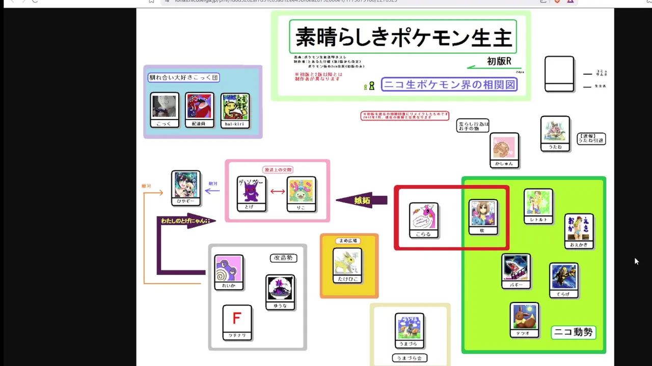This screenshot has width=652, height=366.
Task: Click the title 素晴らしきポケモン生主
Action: tap(403, 37)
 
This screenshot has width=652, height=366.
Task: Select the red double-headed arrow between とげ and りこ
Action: tap(278, 192)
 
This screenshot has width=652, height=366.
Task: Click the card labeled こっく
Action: tap(165, 110)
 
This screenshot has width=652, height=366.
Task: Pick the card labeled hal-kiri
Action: tap(235, 110)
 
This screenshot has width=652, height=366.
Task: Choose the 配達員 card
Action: tap(199, 110)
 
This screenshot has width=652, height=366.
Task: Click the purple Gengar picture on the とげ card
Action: tap(251, 191)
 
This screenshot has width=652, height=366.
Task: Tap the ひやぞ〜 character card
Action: tap(186, 188)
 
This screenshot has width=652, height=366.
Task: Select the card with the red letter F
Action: tap(237, 322)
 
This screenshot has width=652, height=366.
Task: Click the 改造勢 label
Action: tap(283, 258)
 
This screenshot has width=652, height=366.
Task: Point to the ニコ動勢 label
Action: tap(574, 332)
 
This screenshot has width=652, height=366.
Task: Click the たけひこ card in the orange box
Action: tap(347, 265)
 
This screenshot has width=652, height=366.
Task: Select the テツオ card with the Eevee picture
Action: tap(524, 320)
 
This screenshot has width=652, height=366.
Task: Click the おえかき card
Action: tap(579, 231)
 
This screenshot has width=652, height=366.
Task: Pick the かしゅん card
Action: tap(504, 150)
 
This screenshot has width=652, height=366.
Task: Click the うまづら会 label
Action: tap(410, 358)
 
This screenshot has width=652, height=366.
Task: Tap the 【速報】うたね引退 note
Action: tap(591, 138)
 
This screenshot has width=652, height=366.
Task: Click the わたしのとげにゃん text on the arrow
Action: tap(185, 221)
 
